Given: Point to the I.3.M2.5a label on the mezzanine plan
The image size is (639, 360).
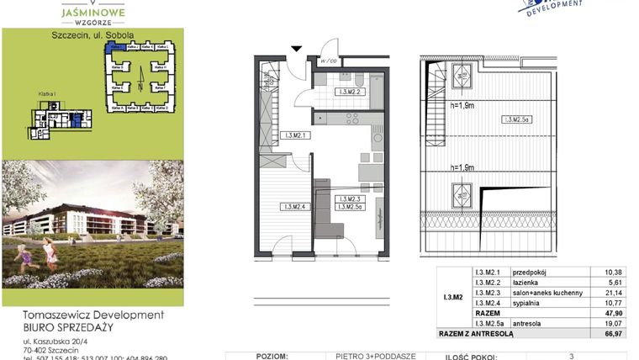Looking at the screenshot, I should coord(516,120).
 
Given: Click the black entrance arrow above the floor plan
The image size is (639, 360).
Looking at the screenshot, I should coord(295,48).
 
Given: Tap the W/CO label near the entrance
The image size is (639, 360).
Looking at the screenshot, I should coord(329,61).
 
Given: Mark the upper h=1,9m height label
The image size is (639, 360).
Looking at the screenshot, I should coord(461,105).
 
